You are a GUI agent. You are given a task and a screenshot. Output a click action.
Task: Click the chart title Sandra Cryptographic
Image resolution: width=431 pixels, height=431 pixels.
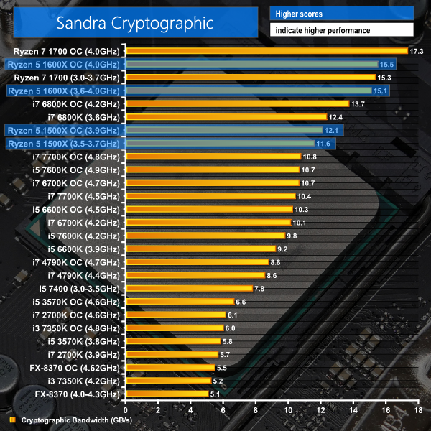[x=136, y=22]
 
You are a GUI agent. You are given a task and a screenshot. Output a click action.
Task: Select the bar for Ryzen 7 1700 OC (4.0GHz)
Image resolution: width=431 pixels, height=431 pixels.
[x=266, y=51]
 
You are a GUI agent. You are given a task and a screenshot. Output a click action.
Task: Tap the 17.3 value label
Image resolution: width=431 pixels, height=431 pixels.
[x=416, y=51]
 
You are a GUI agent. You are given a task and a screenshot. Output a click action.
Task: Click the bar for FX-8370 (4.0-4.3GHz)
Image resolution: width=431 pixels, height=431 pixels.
[x=167, y=394]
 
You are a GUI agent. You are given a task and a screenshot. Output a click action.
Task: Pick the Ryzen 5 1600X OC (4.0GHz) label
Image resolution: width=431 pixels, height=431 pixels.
[x=64, y=65]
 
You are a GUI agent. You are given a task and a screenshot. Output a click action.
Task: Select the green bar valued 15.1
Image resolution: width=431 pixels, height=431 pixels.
[x=248, y=91]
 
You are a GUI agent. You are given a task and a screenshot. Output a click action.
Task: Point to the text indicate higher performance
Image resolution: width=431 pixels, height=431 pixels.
[x=321, y=31]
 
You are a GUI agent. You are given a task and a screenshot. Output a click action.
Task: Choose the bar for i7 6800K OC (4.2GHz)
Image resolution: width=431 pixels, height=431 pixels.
[x=237, y=104]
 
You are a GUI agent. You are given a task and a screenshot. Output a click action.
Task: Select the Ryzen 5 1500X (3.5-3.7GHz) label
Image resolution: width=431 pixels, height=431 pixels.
[x=64, y=144]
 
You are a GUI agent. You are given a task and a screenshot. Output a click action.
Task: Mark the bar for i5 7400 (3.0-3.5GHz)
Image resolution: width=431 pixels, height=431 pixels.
[x=189, y=288]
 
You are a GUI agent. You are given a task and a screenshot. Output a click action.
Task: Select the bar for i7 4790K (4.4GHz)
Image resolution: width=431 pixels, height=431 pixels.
[x=195, y=275]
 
